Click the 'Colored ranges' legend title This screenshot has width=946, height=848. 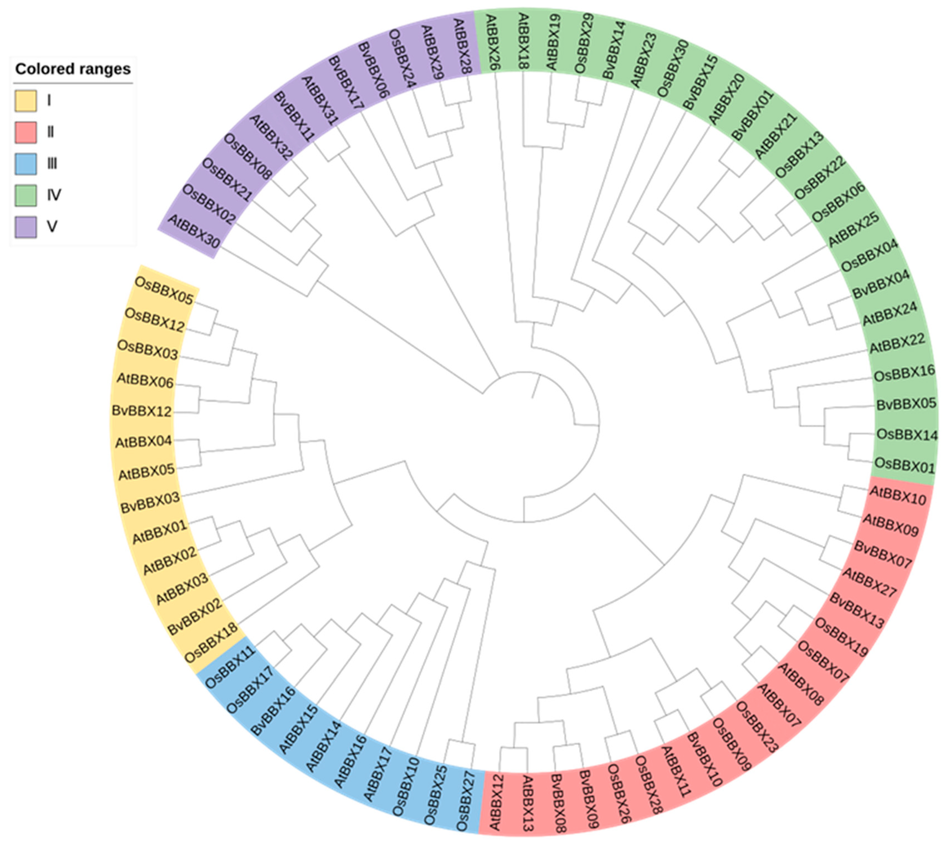click(x=73, y=69)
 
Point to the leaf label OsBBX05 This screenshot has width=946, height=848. click(x=163, y=290)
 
